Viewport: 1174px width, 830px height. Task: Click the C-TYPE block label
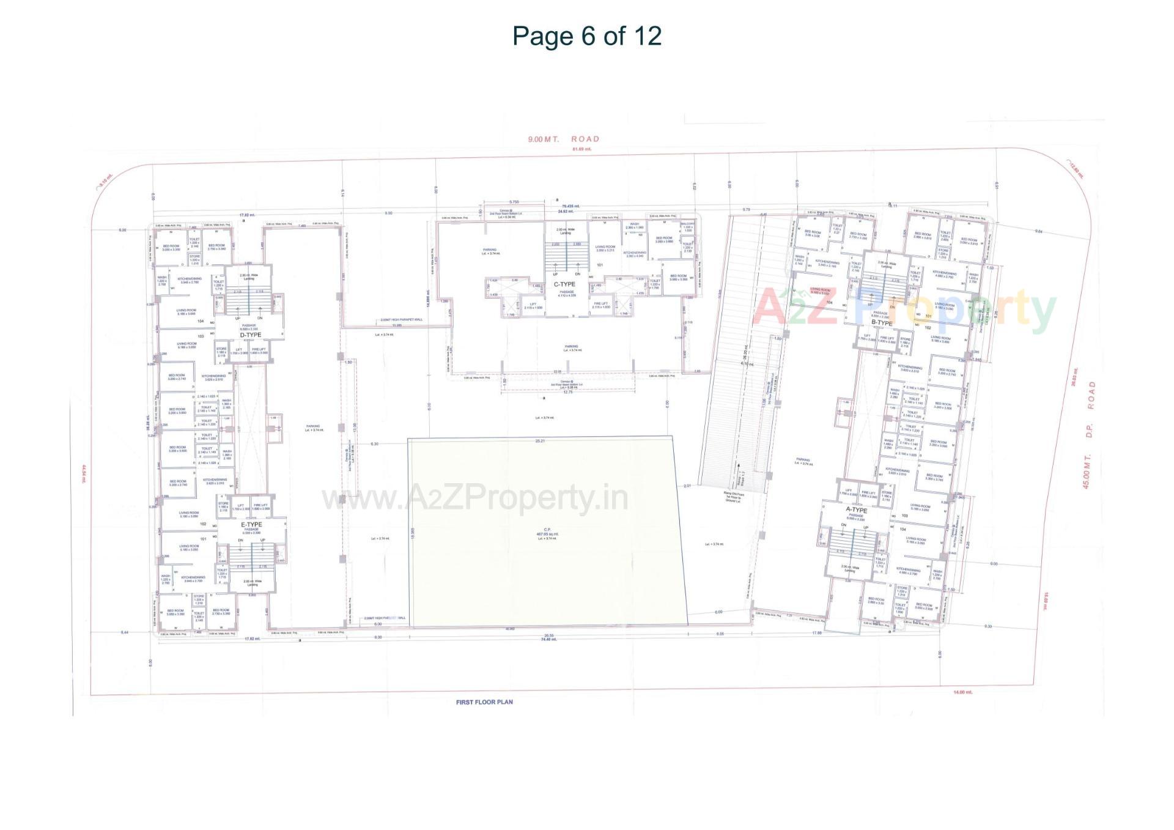pos(564,284)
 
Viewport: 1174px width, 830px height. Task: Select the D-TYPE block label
pos(250,335)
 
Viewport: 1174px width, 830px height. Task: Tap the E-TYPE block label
pos(251,525)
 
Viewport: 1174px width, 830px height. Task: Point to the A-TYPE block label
pos(856,510)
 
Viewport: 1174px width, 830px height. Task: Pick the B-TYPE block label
pos(882,323)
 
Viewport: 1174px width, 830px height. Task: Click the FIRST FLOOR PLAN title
pos(484,702)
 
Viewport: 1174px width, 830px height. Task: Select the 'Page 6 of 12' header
pos(586,35)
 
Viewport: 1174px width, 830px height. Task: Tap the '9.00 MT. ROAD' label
pos(564,139)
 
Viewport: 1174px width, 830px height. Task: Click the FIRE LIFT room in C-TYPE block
pos(601,305)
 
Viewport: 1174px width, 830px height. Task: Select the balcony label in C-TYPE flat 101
pos(688,225)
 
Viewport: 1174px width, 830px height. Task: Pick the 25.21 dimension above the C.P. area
pos(540,440)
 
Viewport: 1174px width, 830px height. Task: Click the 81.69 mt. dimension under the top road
pos(581,149)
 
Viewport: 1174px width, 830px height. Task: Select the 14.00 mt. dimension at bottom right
pos(963,692)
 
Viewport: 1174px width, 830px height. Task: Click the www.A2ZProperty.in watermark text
pos(474,498)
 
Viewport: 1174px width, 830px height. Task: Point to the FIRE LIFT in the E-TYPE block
pos(260,507)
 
